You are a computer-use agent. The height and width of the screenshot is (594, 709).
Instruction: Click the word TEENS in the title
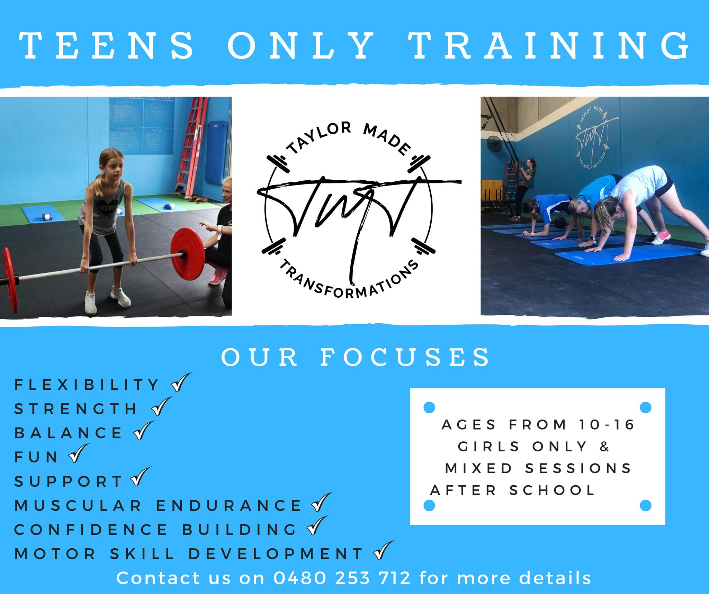[107, 45]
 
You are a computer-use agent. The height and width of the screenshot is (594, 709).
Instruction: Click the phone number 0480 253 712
[342, 578]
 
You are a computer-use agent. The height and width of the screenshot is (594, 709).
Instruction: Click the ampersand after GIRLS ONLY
[604, 446]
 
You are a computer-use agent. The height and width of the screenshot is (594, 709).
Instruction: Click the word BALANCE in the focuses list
[68, 433]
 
